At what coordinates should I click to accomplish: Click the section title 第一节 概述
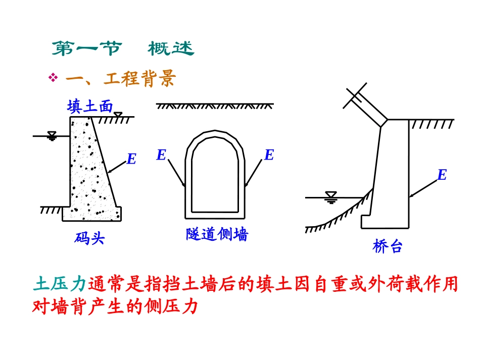pyautogui.click(x=123, y=49)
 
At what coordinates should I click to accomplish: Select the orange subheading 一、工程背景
pyautogui.click(x=121, y=78)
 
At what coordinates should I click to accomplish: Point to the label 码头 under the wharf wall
pyautogui.click(x=89, y=238)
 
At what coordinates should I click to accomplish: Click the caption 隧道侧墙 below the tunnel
pyautogui.click(x=217, y=234)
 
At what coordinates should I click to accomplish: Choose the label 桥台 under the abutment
pyautogui.click(x=388, y=246)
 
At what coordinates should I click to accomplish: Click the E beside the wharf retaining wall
pyautogui.click(x=131, y=160)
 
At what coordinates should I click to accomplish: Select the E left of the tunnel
pyautogui.click(x=161, y=155)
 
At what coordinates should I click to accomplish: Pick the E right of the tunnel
pyautogui.click(x=269, y=155)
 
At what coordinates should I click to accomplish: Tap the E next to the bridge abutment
pyautogui.click(x=442, y=175)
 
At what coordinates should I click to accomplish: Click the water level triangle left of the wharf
pyautogui.click(x=51, y=135)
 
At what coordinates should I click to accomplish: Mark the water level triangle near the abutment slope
pyautogui.click(x=331, y=196)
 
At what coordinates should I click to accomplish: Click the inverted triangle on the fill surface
pyautogui.click(x=118, y=115)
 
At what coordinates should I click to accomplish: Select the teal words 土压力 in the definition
pyautogui.click(x=60, y=285)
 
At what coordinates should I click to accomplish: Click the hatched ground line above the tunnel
pyautogui.click(x=215, y=106)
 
